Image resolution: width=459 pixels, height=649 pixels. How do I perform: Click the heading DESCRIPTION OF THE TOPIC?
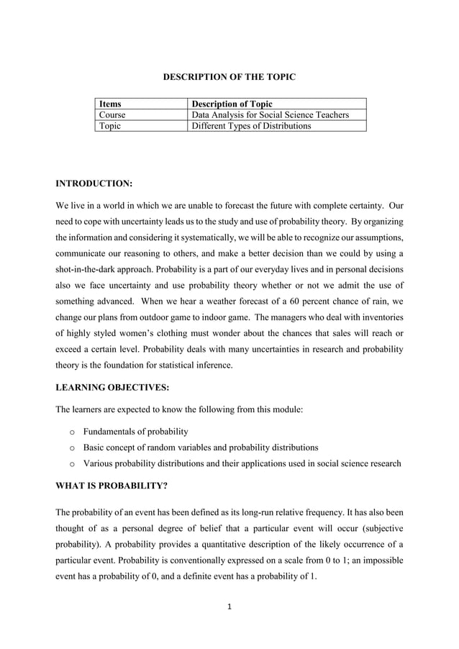coord(229,76)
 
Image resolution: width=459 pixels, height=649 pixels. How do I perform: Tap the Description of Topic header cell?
coord(230,104)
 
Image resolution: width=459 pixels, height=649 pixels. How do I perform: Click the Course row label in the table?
coord(112,114)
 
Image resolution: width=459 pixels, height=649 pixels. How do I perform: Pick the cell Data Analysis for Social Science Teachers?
coord(269,114)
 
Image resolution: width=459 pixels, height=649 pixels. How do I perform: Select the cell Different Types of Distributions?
coord(250,126)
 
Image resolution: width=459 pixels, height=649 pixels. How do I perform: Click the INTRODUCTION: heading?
coord(94,184)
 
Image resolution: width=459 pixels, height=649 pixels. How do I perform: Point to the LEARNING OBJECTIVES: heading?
coord(112,387)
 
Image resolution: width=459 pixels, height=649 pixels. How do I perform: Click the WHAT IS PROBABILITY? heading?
coord(112,486)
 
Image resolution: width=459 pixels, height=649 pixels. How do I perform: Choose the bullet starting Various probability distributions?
coord(242,463)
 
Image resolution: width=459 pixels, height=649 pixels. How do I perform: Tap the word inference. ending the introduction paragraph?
coord(213,365)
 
